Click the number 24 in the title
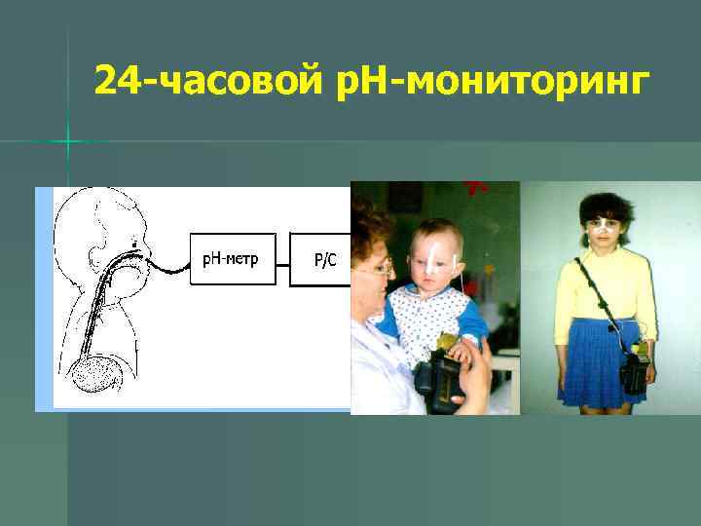coord(118,83)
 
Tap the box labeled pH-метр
coord(232,259)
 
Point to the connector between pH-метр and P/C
coord(282,259)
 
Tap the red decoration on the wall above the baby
coord(476,187)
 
